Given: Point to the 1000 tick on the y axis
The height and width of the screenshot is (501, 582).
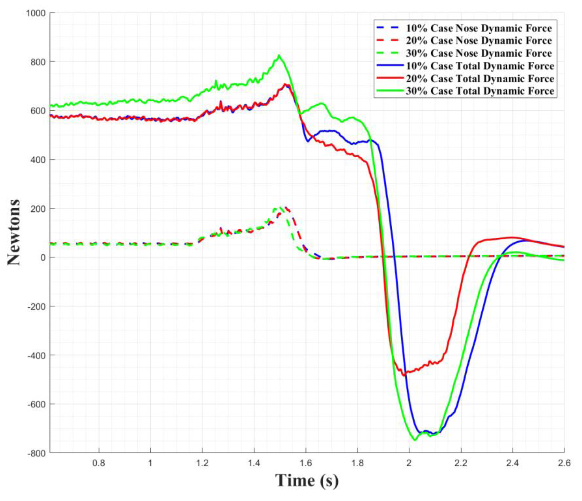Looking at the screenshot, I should (37, 13).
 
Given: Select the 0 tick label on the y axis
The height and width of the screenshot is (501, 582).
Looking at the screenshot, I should (43, 257).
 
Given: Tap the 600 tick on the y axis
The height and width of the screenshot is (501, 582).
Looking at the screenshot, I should (39, 111).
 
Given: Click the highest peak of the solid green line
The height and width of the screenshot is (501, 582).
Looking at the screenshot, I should (279, 55).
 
